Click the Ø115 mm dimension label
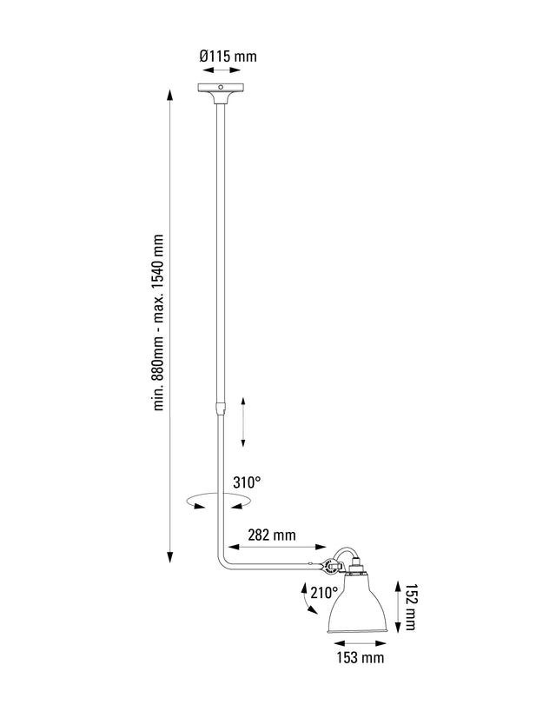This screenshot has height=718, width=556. coord(228,56)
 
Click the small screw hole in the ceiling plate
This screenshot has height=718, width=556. coord(221,88)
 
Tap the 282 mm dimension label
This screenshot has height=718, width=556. coord(273,535)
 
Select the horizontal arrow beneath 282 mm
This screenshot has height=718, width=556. coord(275,549)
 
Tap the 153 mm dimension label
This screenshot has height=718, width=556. coord(360,658)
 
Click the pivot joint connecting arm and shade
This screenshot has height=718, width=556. coord(332,568)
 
